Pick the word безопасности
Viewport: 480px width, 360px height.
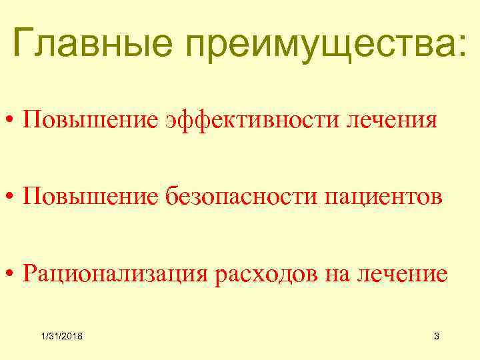pyautogui.click(x=241, y=197)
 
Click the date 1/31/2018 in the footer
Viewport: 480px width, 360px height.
pyautogui.click(x=61, y=337)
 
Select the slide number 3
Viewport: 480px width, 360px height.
pyautogui.click(x=436, y=337)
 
